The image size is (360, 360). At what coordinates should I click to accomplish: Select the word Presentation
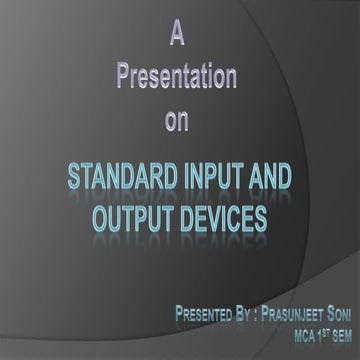(x=176, y=78)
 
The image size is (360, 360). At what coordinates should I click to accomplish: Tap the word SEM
(x=340, y=334)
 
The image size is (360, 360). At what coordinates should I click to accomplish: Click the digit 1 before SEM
(x=310, y=334)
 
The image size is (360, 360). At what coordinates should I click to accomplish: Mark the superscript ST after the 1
(x=318, y=331)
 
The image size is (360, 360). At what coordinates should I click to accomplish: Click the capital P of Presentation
(x=124, y=78)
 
